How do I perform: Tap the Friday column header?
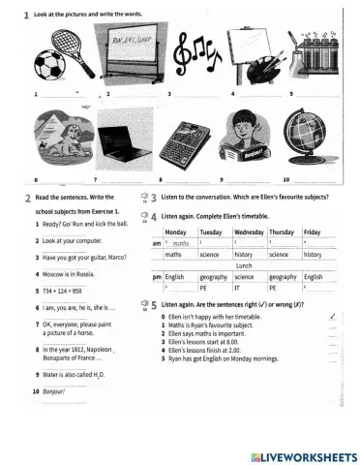[313, 233]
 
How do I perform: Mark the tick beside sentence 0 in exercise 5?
[333, 316]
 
